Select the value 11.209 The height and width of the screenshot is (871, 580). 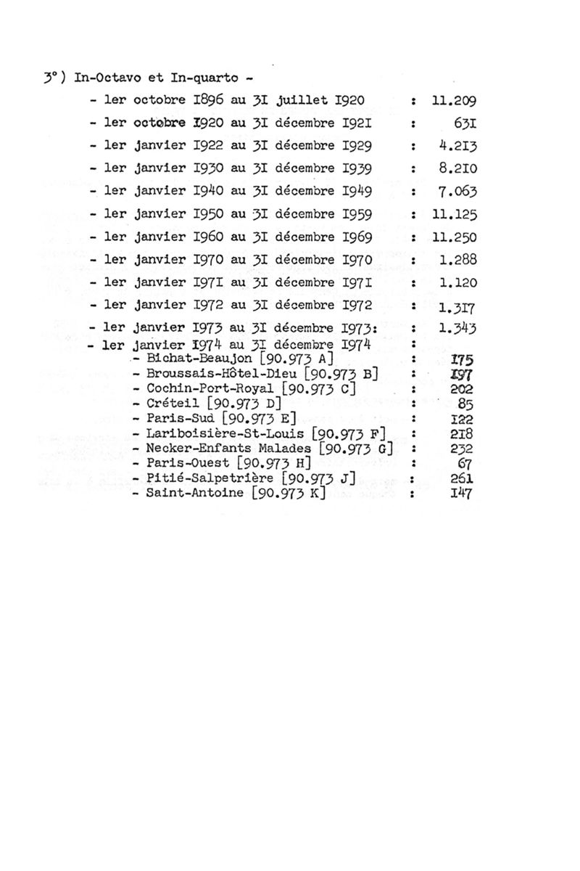tap(453, 102)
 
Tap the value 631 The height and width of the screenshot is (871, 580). tap(463, 123)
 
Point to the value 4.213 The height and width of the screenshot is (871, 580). tap(458, 146)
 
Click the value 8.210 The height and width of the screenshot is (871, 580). tap(458, 168)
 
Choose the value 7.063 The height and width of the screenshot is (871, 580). tap(458, 192)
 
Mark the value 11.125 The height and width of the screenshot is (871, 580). tap(453, 215)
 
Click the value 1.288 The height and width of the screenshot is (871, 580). tap(458, 259)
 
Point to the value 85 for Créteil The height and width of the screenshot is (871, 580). tap(466, 404)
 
